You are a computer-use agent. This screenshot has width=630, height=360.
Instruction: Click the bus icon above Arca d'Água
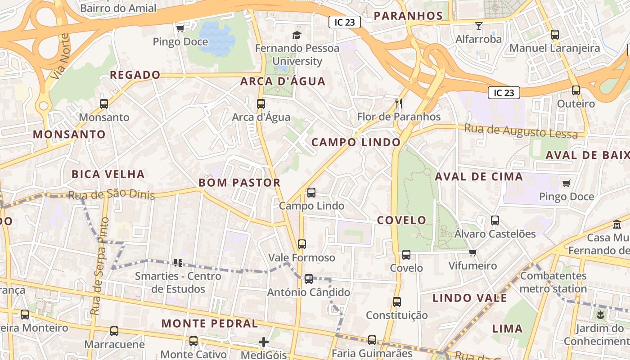click(x=261, y=104)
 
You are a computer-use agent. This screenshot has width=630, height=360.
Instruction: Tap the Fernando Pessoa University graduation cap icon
click(x=297, y=35)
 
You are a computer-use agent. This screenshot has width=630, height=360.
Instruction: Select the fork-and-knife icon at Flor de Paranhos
click(x=398, y=103)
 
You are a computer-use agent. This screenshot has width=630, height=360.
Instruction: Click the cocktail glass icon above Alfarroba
click(x=479, y=26)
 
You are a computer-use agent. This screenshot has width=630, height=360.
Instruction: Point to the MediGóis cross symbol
click(x=264, y=342)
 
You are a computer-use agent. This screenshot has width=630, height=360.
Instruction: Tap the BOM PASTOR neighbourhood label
click(x=239, y=183)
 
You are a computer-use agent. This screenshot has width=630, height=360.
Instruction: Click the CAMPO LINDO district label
click(x=356, y=143)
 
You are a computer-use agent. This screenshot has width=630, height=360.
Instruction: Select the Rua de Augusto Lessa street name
click(x=521, y=131)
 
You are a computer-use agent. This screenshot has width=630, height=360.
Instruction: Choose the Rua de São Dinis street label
click(x=111, y=194)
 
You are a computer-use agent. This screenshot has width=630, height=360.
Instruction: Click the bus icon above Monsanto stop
click(x=104, y=104)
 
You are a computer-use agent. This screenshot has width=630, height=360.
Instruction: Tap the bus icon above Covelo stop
click(x=406, y=255)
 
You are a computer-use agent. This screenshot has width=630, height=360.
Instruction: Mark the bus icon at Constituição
click(x=396, y=302)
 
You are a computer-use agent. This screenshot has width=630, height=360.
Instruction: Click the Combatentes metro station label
click(x=553, y=282)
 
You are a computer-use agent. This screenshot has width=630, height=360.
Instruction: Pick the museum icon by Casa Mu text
click(x=616, y=224)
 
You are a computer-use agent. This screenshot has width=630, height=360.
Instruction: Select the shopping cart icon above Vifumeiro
click(x=472, y=253)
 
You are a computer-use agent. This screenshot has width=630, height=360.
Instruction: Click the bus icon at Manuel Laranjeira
click(x=555, y=35)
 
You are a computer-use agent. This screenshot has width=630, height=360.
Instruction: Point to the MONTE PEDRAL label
click(x=210, y=324)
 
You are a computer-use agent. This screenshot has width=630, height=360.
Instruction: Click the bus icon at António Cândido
click(x=309, y=279)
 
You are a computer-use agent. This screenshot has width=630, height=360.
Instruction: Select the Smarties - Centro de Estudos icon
click(x=178, y=262)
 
